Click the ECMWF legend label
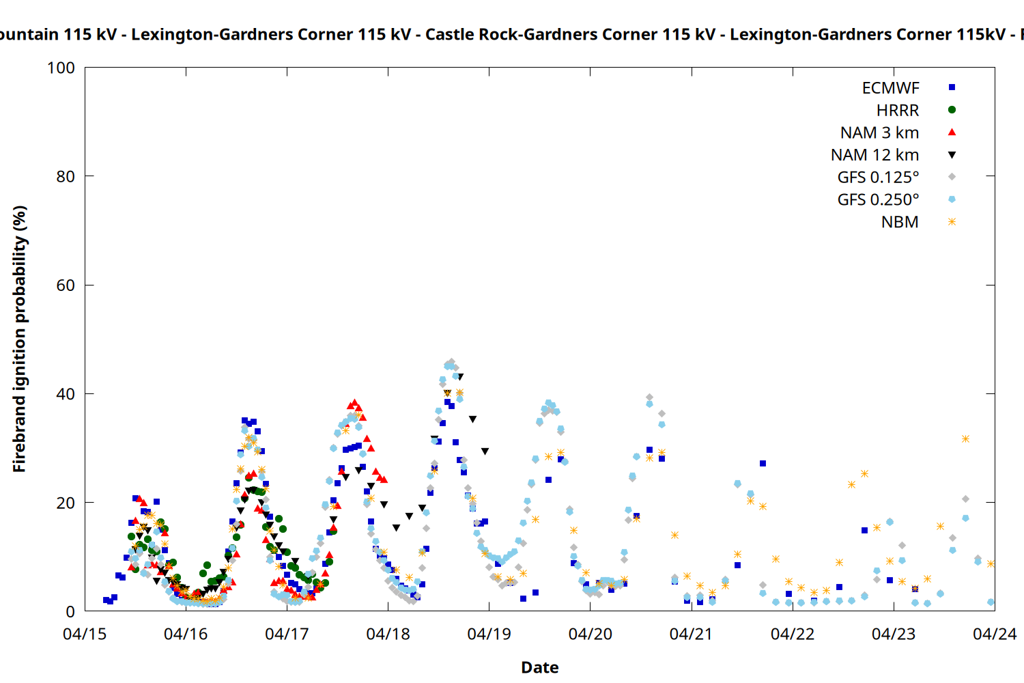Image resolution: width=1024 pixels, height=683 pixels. [890, 88]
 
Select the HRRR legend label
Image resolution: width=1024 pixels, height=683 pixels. [898, 111]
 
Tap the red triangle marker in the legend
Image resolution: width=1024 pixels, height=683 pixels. [952, 133]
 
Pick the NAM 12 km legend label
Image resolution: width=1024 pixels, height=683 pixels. [874, 155]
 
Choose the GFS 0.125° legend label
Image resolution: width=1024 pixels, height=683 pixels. [878, 178]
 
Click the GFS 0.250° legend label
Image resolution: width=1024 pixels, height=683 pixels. [878, 200]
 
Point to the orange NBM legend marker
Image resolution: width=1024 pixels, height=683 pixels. [952, 222]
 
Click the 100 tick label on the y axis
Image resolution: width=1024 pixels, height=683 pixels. [61, 68]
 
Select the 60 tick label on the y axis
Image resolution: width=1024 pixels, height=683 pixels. [66, 285]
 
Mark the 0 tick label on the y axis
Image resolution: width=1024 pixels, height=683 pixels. [70, 612]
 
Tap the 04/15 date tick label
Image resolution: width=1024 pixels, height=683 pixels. [85, 635]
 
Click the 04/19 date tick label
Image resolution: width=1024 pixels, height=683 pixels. [489, 635]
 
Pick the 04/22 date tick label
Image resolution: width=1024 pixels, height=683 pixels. [793, 635]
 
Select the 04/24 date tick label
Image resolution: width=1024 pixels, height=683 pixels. [995, 635]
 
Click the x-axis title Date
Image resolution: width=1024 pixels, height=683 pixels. [539, 667]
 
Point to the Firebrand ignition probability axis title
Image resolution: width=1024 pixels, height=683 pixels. [20, 339]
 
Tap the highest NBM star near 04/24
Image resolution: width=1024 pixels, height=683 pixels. [965, 438]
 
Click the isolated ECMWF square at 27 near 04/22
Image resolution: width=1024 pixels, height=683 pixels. [763, 464]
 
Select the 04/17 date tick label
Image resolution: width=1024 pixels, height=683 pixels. [287, 635]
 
